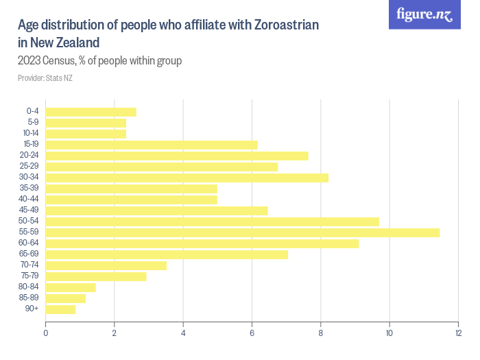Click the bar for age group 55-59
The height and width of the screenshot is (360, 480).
[x=243, y=232]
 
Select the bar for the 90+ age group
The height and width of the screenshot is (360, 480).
[x=60, y=309]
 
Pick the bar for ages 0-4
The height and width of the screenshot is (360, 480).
[x=91, y=112]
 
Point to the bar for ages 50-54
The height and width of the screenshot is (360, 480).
[x=213, y=221]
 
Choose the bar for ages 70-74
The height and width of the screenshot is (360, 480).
[x=106, y=265]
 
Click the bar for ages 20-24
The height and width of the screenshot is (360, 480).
[x=177, y=156]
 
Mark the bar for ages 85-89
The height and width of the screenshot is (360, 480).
[x=66, y=298]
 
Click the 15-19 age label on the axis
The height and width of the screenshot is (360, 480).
[x=31, y=145]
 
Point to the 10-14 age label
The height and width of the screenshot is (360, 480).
[x=31, y=134]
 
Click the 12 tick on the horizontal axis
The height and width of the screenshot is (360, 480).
[x=458, y=333]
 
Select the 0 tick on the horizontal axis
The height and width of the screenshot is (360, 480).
[x=46, y=333]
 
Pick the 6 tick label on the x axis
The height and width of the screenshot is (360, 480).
[x=252, y=333]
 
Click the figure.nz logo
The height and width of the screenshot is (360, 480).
[x=424, y=14]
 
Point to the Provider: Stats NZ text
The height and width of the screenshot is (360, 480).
[x=45, y=78]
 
